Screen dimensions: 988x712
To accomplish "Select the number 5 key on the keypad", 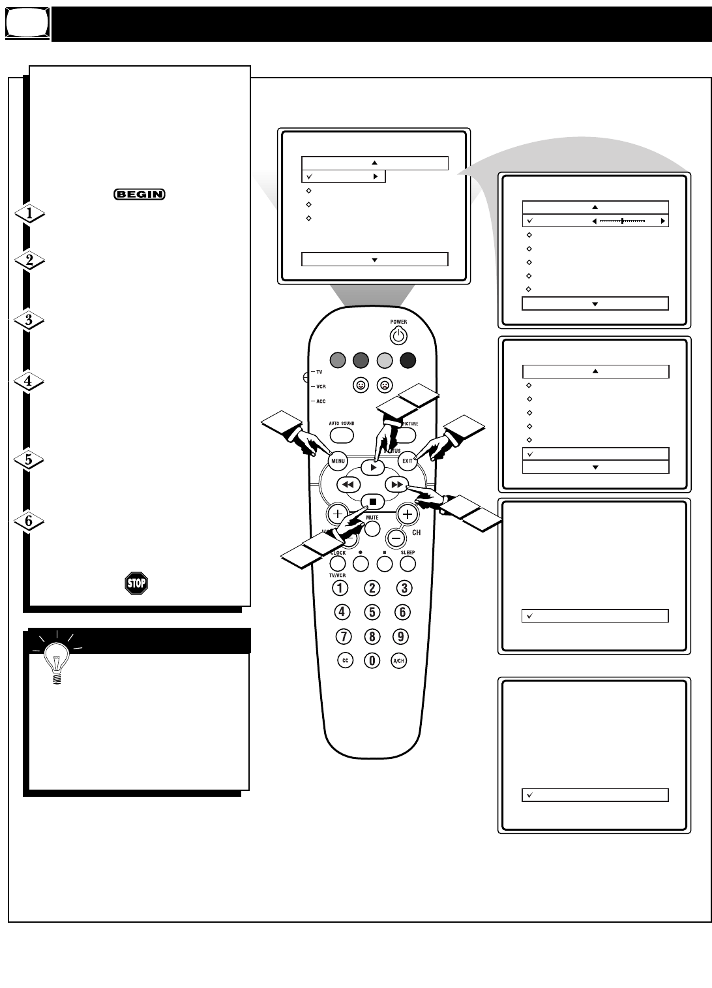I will click(372, 611).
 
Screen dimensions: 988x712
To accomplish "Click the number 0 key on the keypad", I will click(372, 660).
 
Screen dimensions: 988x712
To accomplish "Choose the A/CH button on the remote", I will click(398, 660).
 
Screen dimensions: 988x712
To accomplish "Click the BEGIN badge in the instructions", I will click(139, 194).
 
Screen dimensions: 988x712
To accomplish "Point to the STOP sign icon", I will click(136, 583).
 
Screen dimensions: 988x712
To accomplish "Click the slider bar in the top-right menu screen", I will click(622, 221).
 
